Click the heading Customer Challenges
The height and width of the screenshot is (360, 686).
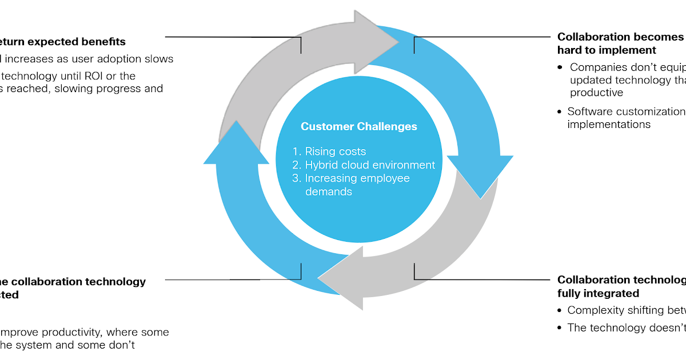(359, 127)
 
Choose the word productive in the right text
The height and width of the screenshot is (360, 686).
(596, 93)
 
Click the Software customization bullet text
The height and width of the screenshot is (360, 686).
(626, 111)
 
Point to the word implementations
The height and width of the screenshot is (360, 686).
(609, 124)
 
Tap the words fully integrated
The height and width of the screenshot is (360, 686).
(598, 293)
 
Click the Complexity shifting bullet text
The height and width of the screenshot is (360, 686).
(626, 310)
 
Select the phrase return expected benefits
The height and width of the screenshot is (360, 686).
(63, 42)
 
